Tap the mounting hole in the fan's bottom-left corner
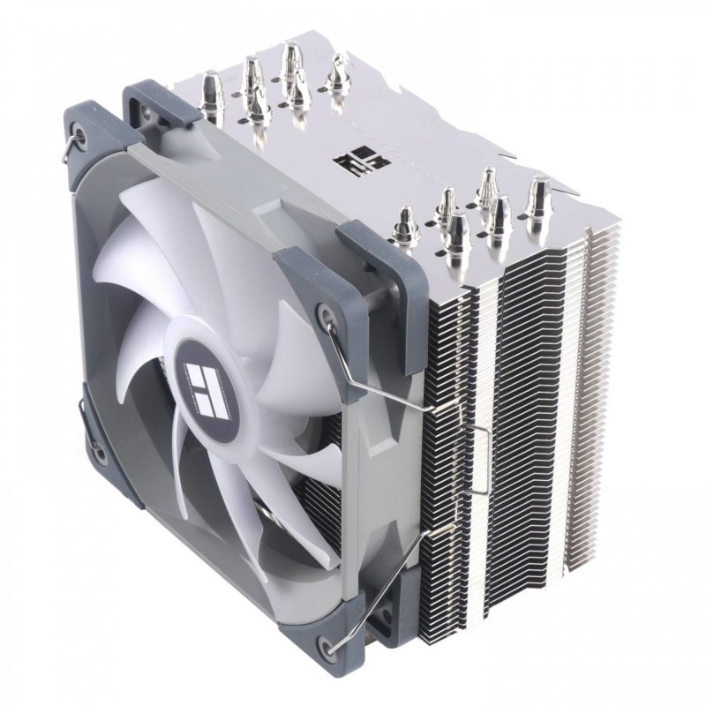[x=100, y=454]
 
